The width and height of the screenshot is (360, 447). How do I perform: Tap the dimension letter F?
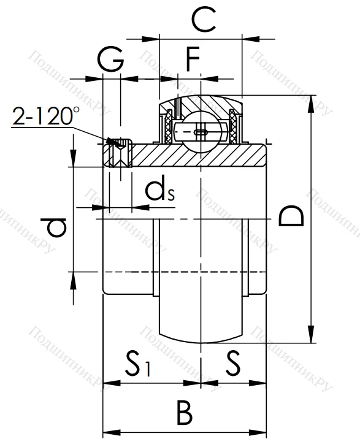[x=193, y=60]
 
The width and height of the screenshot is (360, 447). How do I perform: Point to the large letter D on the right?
[x=291, y=216]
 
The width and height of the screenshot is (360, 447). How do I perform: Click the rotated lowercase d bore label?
[x=56, y=227]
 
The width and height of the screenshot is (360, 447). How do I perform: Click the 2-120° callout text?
[x=46, y=117]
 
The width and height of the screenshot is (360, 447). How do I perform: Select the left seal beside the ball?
[x=167, y=129]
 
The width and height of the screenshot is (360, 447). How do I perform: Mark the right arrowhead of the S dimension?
[x=263, y=384]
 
